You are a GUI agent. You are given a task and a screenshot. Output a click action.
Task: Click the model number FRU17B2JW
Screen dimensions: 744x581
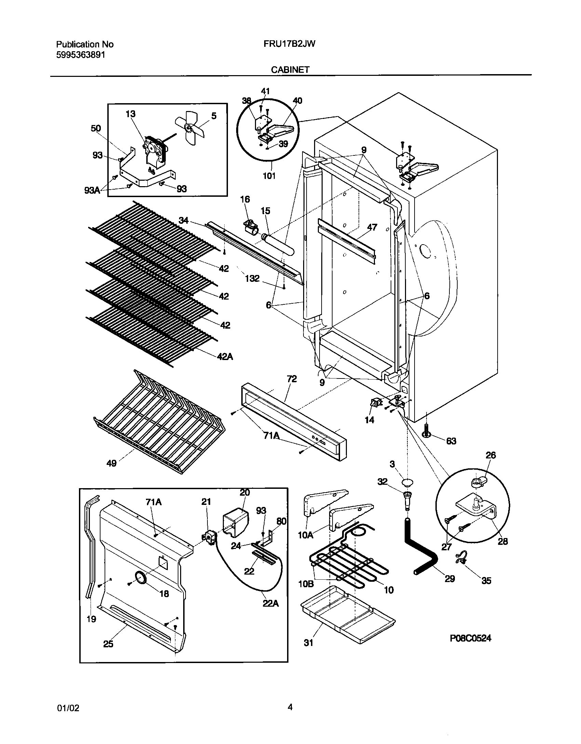[289, 44]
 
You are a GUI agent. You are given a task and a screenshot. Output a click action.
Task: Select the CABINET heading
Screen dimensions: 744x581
[290, 70]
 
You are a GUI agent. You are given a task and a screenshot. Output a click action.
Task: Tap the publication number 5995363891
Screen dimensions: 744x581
[80, 55]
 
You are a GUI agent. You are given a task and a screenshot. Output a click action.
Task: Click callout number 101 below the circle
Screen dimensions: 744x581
[269, 176]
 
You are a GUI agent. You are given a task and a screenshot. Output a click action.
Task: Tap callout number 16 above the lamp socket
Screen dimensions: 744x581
[245, 199]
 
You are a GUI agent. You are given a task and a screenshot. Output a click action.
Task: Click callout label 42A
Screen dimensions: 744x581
[225, 357]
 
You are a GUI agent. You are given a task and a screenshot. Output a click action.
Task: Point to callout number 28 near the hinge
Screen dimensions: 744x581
[503, 541]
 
